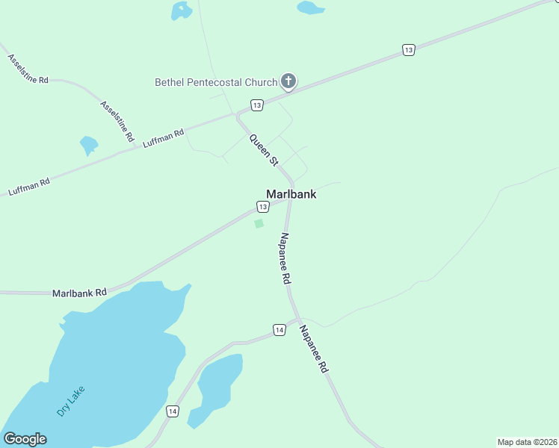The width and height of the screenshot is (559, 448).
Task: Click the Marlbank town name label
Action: pyautogui.click(x=291, y=194)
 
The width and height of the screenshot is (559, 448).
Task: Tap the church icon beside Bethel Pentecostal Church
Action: pyautogui.click(x=288, y=81)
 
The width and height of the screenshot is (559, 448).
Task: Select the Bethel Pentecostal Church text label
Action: pyautogui.click(x=216, y=81)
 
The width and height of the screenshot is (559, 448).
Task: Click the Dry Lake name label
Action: pyautogui.click(x=71, y=401)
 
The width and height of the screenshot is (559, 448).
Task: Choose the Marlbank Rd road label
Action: pyautogui.click(x=79, y=293)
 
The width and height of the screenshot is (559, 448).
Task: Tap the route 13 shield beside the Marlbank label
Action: pyautogui.click(x=263, y=206)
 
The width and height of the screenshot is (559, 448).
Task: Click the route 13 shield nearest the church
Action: pyautogui.click(x=256, y=105)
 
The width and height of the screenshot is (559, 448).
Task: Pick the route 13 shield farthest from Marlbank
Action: pyautogui.click(x=407, y=50)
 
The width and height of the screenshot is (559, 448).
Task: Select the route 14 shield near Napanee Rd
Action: pyautogui.click(x=279, y=329)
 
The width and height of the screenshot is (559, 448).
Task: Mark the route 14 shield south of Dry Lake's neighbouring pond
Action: pyautogui.click(x=173, y=411)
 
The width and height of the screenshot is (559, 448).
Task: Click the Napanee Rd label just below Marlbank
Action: pyautogui.click(x=285, y=258)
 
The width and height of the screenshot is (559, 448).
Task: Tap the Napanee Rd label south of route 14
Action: pyautogui.click(x=314, y=349)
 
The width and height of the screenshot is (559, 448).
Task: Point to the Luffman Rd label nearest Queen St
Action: pyautogui.click(x=163, y=139)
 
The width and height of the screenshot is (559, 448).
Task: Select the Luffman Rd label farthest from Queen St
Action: pyautogui.click(x=29, y=187)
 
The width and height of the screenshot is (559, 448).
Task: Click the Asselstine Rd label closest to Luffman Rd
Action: pyautogui.click(x=117, y=122)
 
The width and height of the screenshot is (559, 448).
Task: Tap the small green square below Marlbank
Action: pyautogui.click(x=259, y=223)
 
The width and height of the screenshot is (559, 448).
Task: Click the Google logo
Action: pyautogui.click(x=25, y=439)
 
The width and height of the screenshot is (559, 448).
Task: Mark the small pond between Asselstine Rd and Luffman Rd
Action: pyautogui.click(x=89, y=144)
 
